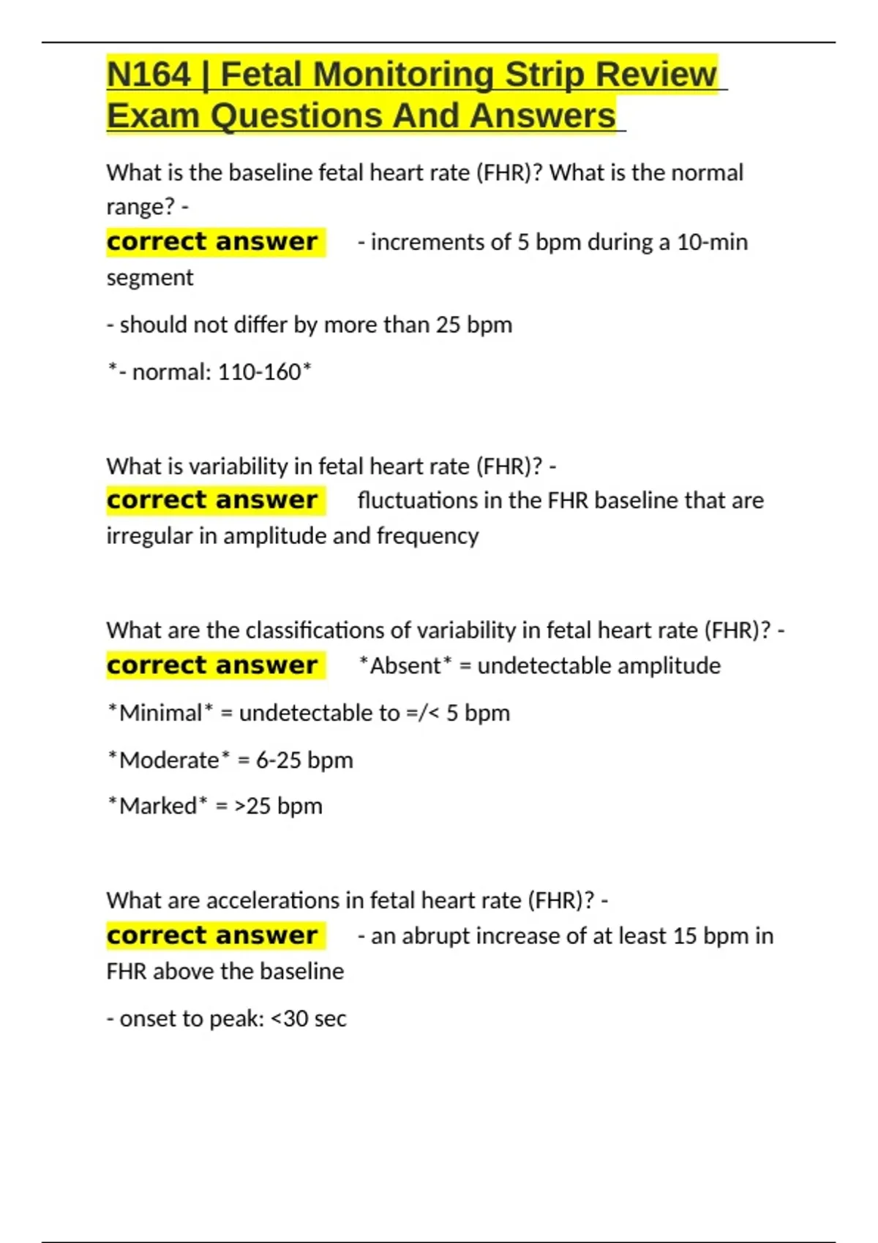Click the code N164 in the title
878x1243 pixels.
tap(149, 75)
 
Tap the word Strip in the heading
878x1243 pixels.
tap(544, 75)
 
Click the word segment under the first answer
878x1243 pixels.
tap(150, 278)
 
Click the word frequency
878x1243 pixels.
tap(427, 536)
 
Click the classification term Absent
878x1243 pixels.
tap(405, 666)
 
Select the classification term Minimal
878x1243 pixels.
tap(160, 713)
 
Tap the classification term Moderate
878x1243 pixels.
tap(169, 760)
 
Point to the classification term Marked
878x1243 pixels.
tap(157, 806)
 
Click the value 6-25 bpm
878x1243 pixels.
tap(304, 760)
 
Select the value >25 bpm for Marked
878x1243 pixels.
tap(278, 806)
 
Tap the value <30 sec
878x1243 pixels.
tap(308, 1019)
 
